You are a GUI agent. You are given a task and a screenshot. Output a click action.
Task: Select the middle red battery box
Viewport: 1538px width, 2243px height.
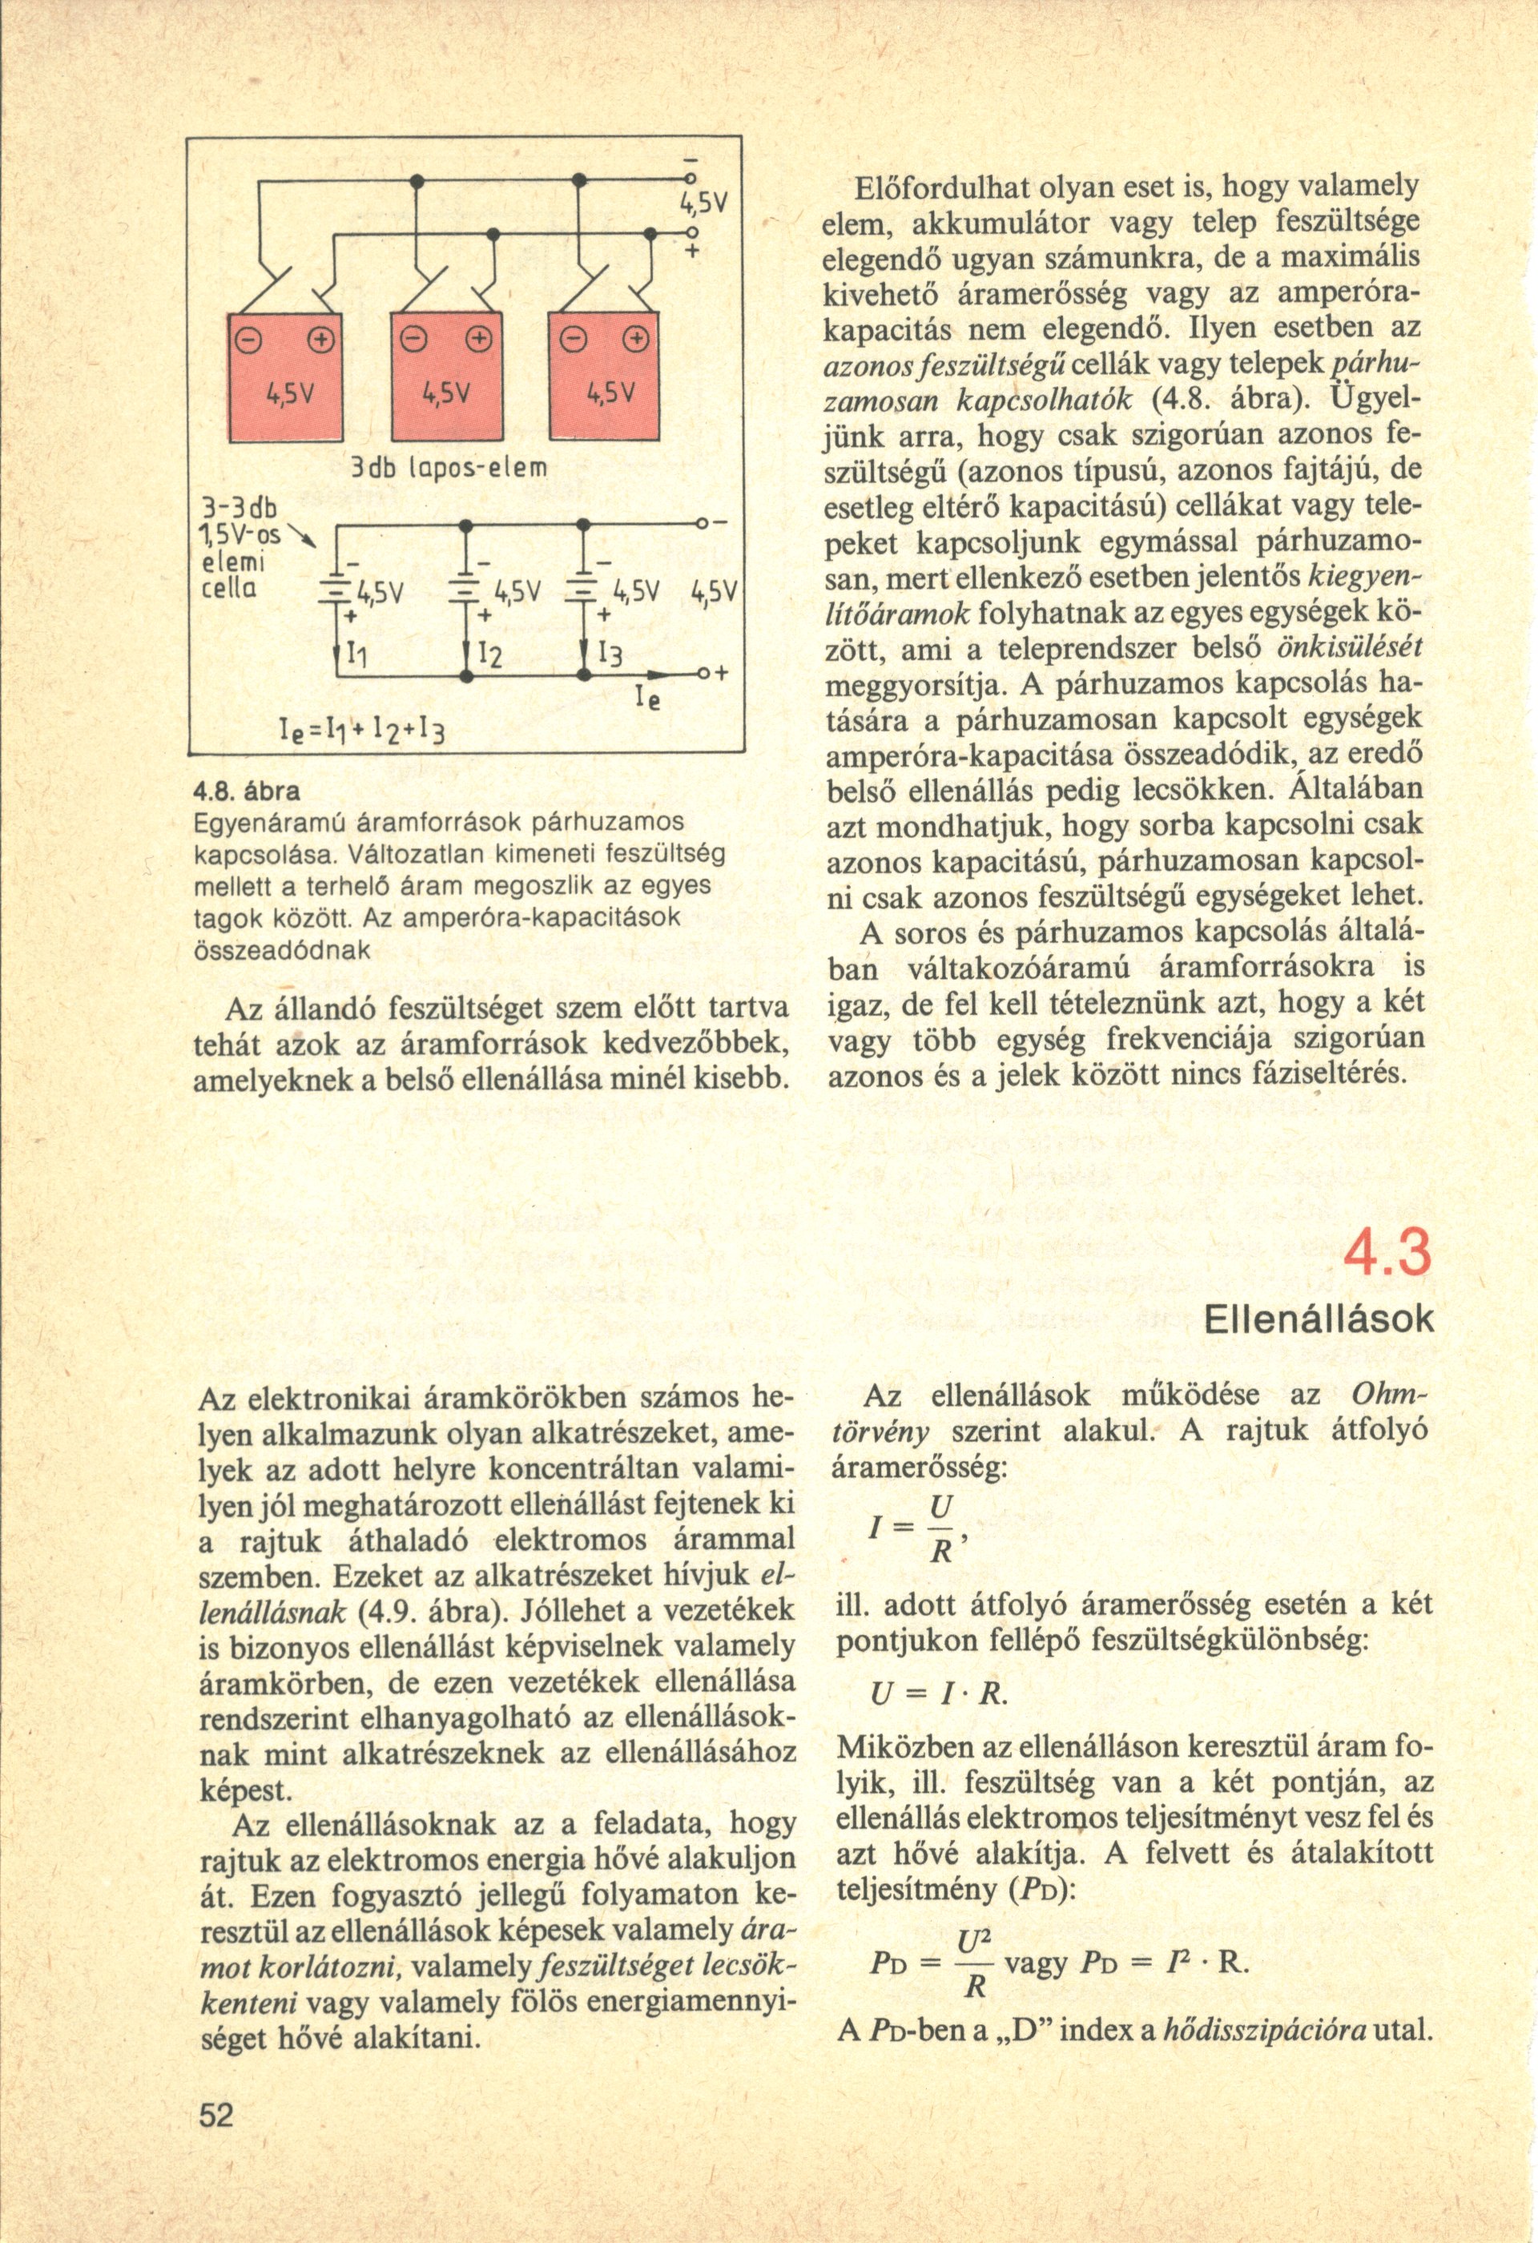point(449,377)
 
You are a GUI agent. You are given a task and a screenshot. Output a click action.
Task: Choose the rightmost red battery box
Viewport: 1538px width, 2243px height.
point(604,377)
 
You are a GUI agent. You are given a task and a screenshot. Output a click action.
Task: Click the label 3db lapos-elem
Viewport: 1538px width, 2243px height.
point(449,470)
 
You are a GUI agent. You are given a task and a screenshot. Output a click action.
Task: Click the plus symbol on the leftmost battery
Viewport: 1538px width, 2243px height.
point(318,340)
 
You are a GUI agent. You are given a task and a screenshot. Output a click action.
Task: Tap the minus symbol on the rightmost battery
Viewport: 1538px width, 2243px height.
point(573,340)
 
